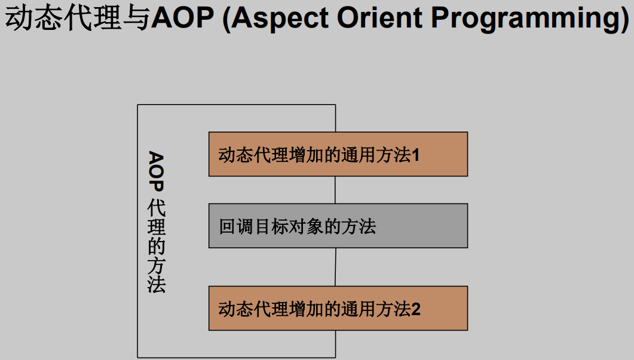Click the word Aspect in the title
280,19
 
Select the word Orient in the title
380,18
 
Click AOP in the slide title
182,18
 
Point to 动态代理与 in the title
78,18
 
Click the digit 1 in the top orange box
415,155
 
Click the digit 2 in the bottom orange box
416,309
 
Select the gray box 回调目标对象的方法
338,225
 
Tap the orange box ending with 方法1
338,154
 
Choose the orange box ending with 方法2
338,308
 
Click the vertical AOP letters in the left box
156,172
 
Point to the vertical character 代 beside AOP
156,208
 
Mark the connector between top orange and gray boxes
335,190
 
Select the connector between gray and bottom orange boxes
336,267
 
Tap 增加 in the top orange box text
306,155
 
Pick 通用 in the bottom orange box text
359,309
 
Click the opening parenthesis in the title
226,19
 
